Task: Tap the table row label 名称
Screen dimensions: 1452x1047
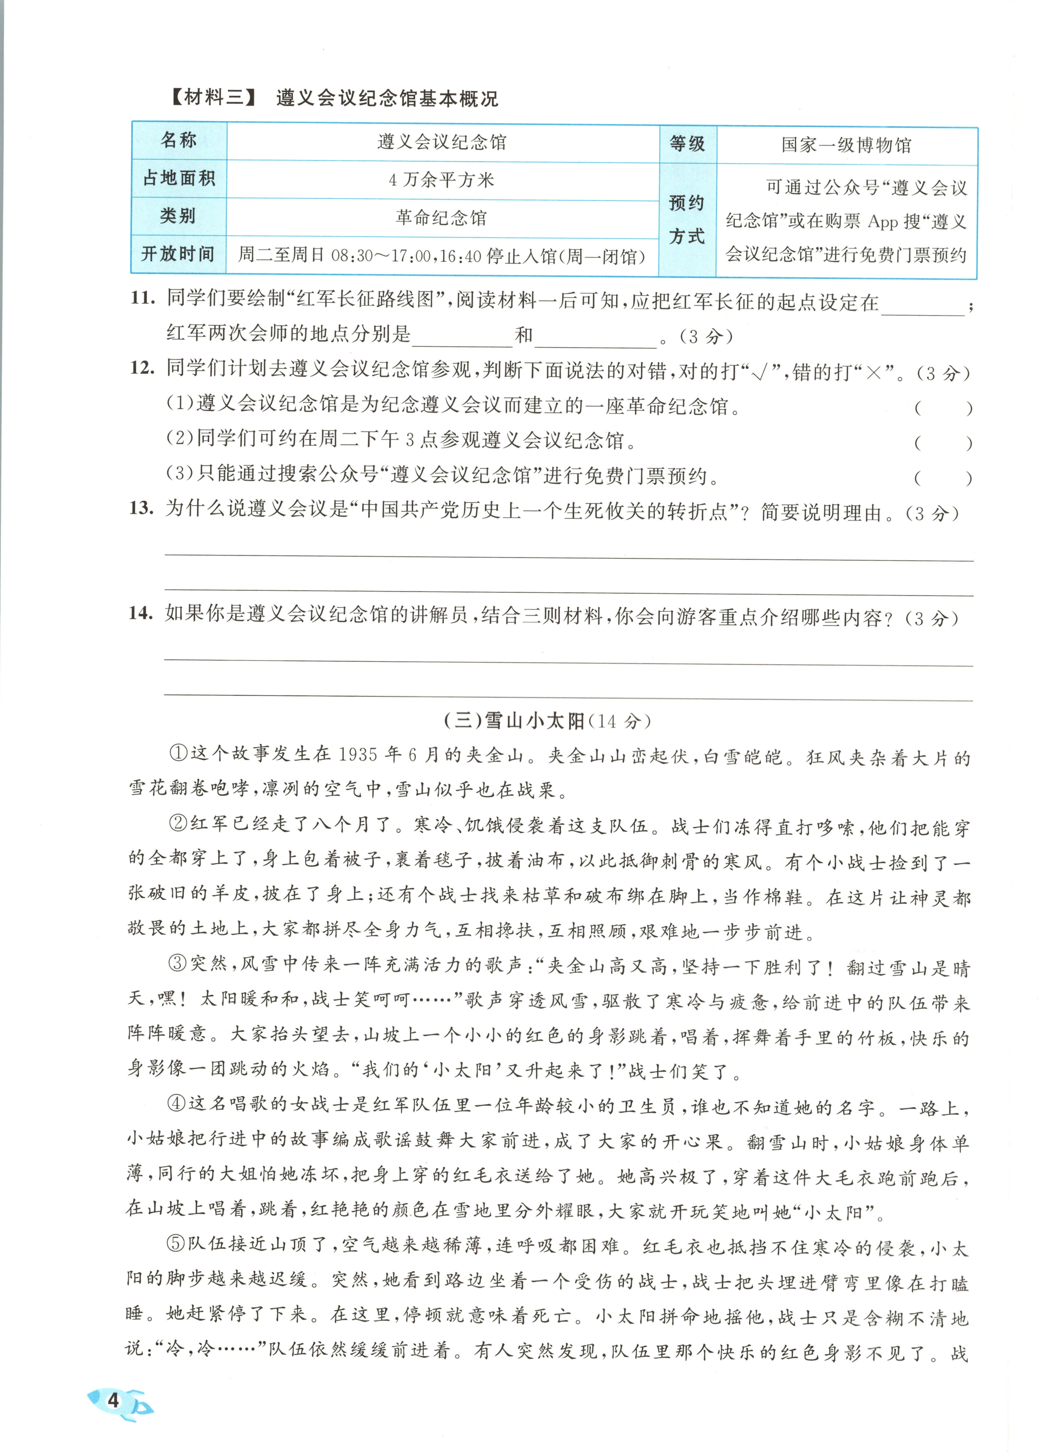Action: click(179, 140)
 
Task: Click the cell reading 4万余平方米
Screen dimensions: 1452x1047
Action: click(442, 180)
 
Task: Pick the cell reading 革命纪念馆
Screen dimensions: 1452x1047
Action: click(442, 218)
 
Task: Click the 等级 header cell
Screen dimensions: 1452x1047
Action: click(687, 143)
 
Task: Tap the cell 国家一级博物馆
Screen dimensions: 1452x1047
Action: click(846, 145)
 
